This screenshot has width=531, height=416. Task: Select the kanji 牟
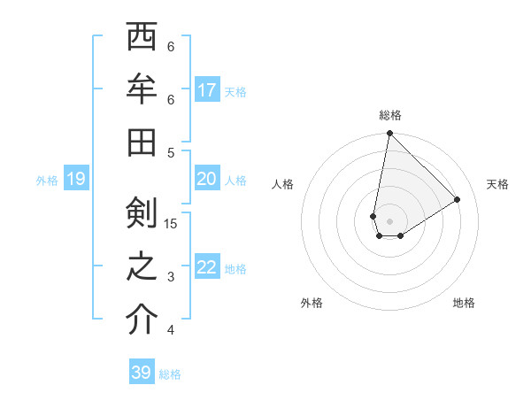[x=142, y=89]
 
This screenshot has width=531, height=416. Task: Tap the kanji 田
[x=142, y=143]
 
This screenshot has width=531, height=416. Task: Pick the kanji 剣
[x=142, y=213]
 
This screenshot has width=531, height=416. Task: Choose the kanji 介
[x=142, y=320]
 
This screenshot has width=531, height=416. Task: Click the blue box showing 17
[x=207, y=90]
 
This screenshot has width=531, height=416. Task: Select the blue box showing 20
[x=207, y=179]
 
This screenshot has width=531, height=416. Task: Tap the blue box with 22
[x=207, y=267]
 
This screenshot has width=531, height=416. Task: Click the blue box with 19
[x=75, y=180]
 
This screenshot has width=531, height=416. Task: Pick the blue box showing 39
[x=142, y=373]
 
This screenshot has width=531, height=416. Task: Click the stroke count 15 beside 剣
[x=171, y=223]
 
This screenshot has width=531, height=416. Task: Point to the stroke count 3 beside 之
[x=171, y=277]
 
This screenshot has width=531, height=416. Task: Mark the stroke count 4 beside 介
[x=171, y=330]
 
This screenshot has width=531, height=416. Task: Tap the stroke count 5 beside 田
[x=171, y=152]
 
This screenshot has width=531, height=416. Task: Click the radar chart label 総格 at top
[x=389, y=116]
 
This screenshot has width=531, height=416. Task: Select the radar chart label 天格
[x=497, y=184]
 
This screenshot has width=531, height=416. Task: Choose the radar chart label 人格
[x=283, y=184]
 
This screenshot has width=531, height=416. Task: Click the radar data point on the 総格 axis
[x=389, y=134]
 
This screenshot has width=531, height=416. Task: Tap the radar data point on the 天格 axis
[x=458, y=199]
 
